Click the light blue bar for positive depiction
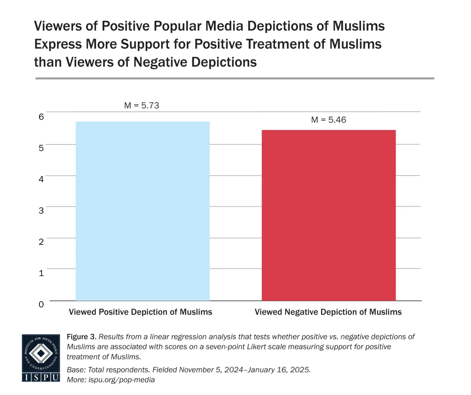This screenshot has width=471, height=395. pos(143,211)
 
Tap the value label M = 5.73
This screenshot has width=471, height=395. pos(142,106)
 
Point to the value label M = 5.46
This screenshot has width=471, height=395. pos(328,120)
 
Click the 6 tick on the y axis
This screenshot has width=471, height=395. pos(41,117)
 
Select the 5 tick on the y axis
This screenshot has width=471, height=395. pos(41,148)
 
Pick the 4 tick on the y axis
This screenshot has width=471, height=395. pos(41,179)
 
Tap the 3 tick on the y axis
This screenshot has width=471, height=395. pos(41,210)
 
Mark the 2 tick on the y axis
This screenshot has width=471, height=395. pos(41,241)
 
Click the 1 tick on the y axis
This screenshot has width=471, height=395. pos(41,273)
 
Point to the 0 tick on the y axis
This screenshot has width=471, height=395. pos(41,304)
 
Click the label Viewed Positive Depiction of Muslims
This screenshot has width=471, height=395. pos(140,312)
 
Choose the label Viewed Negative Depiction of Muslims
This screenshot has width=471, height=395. pos(328,312)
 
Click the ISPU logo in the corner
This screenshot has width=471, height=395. pos(40,358)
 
